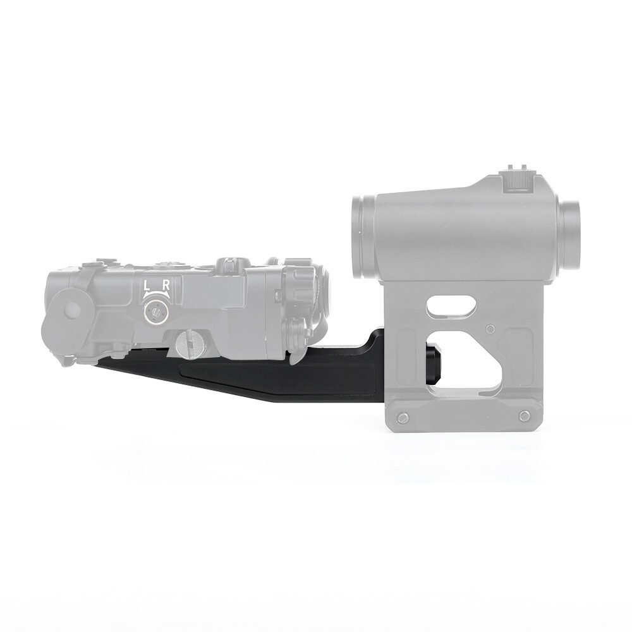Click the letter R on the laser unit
coord(166,285)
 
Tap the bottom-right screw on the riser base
coord(523,415)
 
